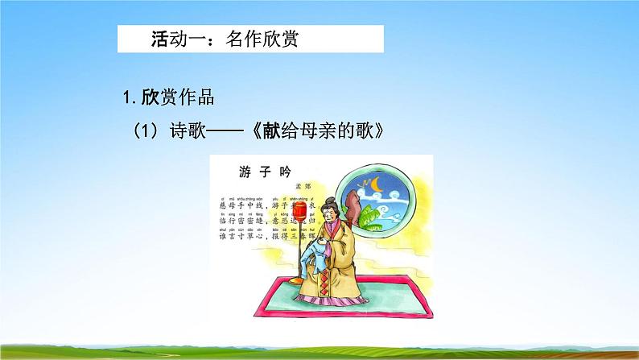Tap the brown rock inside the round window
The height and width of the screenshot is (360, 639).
[352, 211]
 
